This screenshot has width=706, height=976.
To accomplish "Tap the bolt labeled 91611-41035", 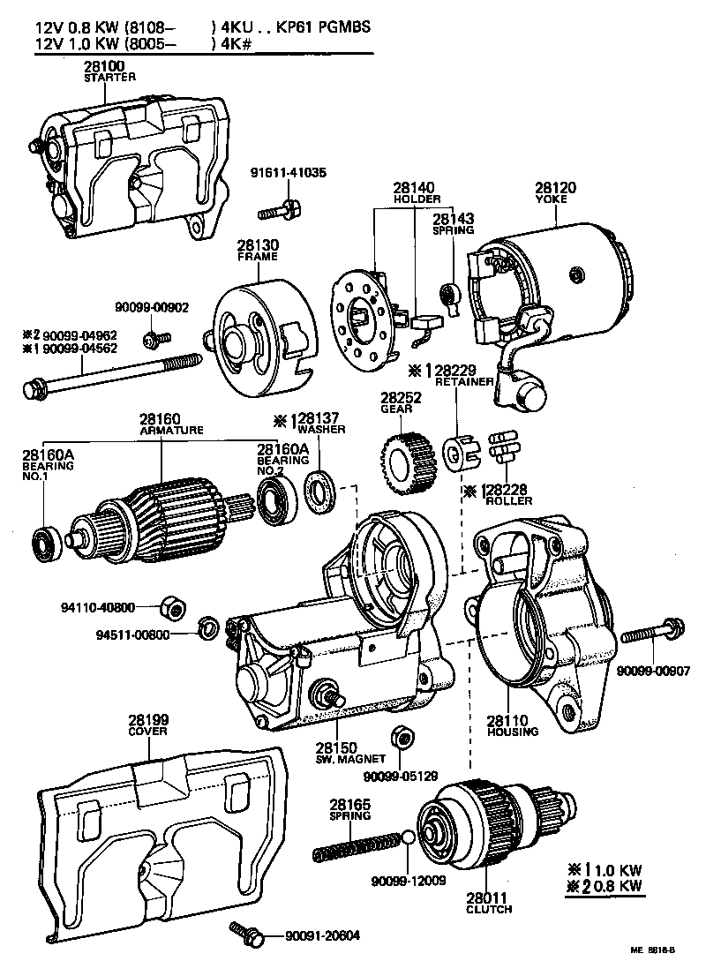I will pos(280,211).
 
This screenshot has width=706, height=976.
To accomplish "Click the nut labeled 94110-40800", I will pos(174,607).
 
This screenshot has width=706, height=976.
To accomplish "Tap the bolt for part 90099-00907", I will pos(651,634).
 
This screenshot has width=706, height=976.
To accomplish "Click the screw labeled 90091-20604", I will pos(246,933).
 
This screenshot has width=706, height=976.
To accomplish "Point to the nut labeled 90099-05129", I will pos(399,737).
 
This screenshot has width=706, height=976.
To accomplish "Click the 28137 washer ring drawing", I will pos(319,491).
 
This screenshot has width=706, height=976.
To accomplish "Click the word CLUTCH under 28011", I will pos(491,908).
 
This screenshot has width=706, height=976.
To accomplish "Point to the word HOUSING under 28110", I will pos(512,732).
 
